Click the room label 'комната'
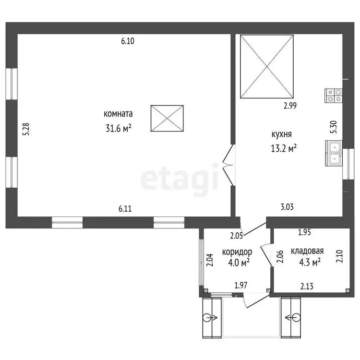[x=118, y=114]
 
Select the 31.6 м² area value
[x=119, y=128]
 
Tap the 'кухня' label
[x=281, y=134]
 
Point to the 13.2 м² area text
[x=284, y=148]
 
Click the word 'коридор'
[x=237, y=252]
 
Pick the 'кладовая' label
[x=307, y=251]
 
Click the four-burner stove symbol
[x=334, y=96]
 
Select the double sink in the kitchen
[x=334, y=154]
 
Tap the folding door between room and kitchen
[x=229, y=165]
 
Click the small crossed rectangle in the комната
[x=167, y=118]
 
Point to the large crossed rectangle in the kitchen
[x=267, y=67]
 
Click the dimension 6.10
[x=128, y=41]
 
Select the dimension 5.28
[x=26, y=129]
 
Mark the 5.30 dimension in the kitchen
[x=334, y=127]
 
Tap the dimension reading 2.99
[x=290, y=106]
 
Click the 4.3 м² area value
[x=310, y=262]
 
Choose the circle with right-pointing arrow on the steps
[x=210, y=318]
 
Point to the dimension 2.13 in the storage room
[x=307, y=286]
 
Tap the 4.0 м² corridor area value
[x=239, y=262]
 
